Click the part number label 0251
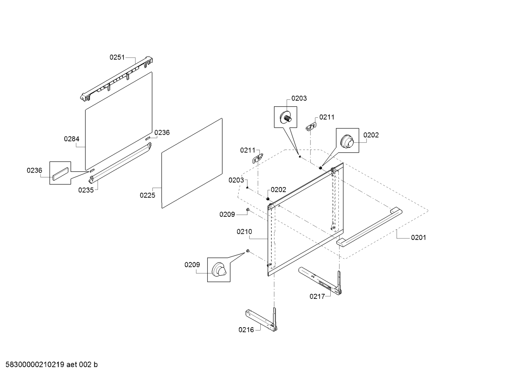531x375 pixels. (117, 57)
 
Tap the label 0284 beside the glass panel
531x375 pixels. (71, 139)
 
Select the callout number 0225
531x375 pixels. (147, 195)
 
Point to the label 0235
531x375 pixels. (85, 190)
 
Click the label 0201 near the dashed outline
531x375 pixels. (418, 237)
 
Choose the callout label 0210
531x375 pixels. (244, 231)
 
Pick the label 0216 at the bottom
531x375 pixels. (246, 330)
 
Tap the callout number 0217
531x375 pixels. (317, 296)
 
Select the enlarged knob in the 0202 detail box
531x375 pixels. (347, 141)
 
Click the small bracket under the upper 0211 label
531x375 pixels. (312, 126)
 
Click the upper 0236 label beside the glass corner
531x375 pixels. (162, 132)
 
